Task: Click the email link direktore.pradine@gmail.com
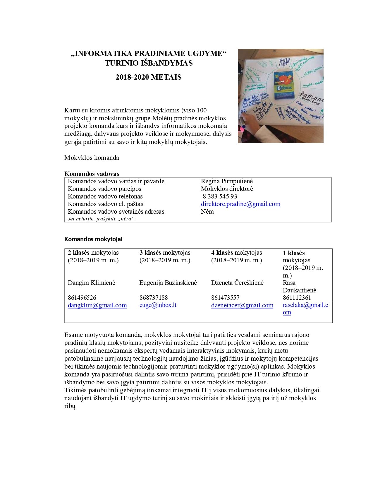point(240,204)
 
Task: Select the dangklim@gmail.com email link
point(97,305)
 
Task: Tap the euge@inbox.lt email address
point(158,305)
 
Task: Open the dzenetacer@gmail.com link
point(242,305)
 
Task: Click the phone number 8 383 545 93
point(220,196)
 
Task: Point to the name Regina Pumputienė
point(227,181)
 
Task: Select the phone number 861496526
point(82,298)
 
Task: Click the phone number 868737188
point(154,298)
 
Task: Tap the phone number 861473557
point(225,298)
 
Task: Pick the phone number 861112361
point(297,298)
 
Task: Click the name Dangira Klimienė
point(92,283)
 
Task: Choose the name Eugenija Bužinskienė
point(168,283)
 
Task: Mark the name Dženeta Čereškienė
point(237,283)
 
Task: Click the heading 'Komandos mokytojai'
point(93,239)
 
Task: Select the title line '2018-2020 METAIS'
point(148,77)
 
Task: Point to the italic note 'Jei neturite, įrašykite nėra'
point(102,219)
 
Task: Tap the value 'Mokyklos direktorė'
point(227,189)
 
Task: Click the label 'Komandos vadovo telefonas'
point(105,196)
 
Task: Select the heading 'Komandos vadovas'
point(92,174)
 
